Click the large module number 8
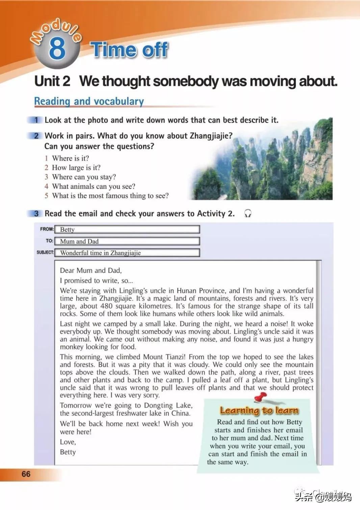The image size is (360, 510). (57, 48)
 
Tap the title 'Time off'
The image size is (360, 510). (129, 50)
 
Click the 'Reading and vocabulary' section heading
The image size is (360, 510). (89, 101)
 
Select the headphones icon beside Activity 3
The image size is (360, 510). (248, 214)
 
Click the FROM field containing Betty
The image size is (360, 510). (127, 229)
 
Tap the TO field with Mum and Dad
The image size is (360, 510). (127, 241)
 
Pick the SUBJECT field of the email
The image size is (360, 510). (127, 253)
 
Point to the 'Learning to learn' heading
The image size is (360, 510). (259, 410)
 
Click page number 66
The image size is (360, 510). (26, 474)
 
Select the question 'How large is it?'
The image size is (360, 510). (76, 168)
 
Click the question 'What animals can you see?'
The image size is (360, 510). (94, 186)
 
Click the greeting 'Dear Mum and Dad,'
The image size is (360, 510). (91, 270)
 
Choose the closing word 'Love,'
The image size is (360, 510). (68, 442)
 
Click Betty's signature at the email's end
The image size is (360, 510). (68, 452)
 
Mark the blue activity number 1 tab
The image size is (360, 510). (36, 120)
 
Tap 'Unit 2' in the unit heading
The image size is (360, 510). (52, 81)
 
